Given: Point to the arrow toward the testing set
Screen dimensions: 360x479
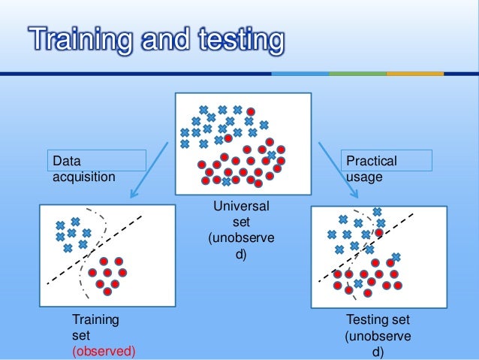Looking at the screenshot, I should pos(337,169).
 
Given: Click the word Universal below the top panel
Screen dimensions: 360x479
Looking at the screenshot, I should pos(241,206).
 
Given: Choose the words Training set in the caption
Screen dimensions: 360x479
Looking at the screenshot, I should pos(95,328).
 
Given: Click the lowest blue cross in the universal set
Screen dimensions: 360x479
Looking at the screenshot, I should pos(226,182).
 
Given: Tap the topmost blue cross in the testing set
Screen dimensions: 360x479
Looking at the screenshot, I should pos(377,212).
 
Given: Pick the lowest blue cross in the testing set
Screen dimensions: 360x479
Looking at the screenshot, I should pos(359,283).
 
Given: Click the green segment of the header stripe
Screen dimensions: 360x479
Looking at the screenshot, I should pos(357,74).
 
